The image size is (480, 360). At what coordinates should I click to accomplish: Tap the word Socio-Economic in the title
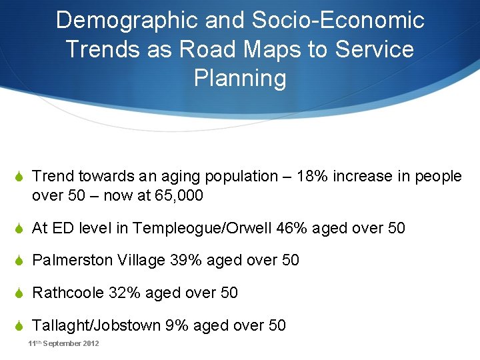pyautogui.click(x=338, y=21)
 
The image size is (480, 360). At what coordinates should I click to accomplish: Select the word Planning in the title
pyautogui.click(x=240, y=78)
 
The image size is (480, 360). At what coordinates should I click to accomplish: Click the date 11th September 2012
pyautogui.click(x=63, y=343)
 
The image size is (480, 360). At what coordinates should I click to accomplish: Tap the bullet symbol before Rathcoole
pyautogui.click(x=20, y=293)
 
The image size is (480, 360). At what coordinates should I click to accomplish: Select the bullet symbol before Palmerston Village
pyautogui.click(x=20, y=261)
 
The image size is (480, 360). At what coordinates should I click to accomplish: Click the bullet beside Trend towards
pyautogui.click(x=20, y=177)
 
